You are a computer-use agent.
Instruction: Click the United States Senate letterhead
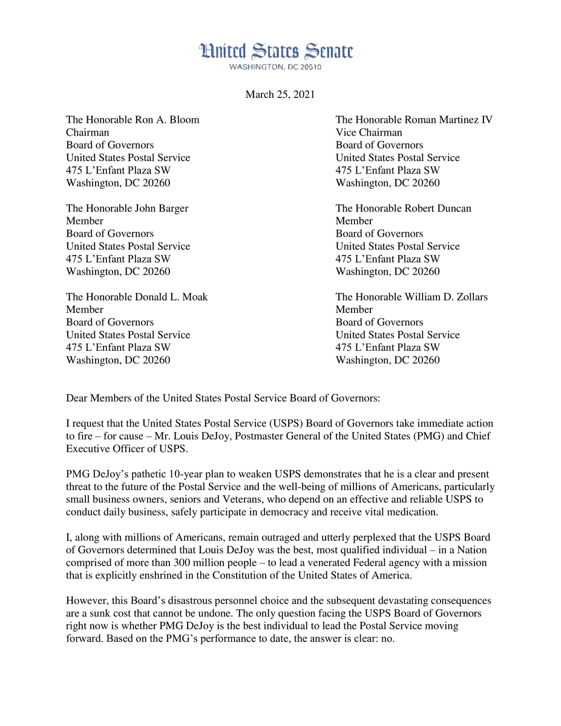(x=276, y=51)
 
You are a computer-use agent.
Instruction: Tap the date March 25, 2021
(x=280, y=94)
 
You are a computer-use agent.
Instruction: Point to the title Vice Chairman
(x=369, y=132)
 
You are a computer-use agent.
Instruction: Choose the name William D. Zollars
(x=446, y=297)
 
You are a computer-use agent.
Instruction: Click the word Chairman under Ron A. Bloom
(x=87, y=132)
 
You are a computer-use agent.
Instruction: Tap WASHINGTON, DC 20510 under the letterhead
(x=275, y=67)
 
